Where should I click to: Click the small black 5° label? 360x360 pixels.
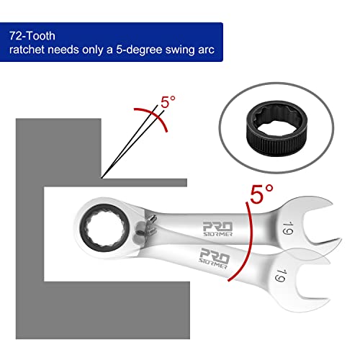167,103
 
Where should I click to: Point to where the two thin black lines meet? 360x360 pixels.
104,175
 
